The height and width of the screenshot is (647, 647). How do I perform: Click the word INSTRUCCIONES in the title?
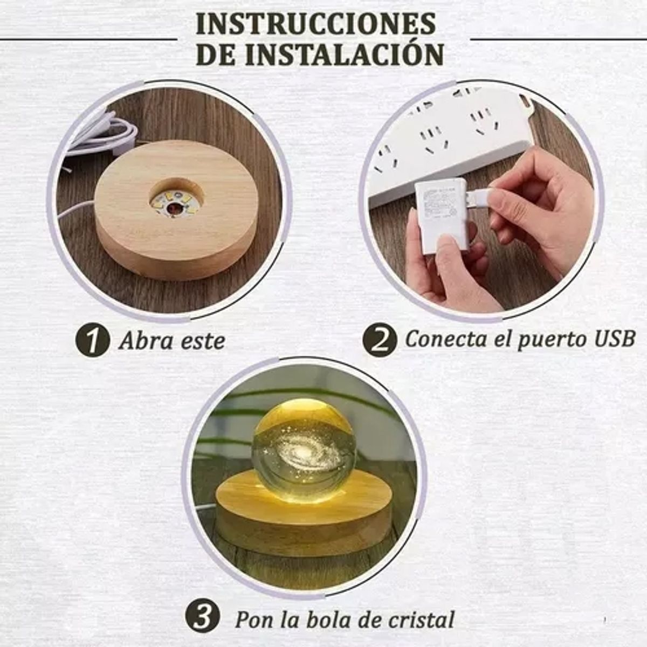tap(315, 23)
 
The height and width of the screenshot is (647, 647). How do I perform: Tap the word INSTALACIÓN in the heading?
tap(345, 54)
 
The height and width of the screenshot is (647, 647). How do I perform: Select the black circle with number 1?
tap(93, 340)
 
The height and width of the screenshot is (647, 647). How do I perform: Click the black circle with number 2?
tap(379, 340)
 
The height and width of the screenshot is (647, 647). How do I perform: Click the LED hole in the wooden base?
tap(175, 201)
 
